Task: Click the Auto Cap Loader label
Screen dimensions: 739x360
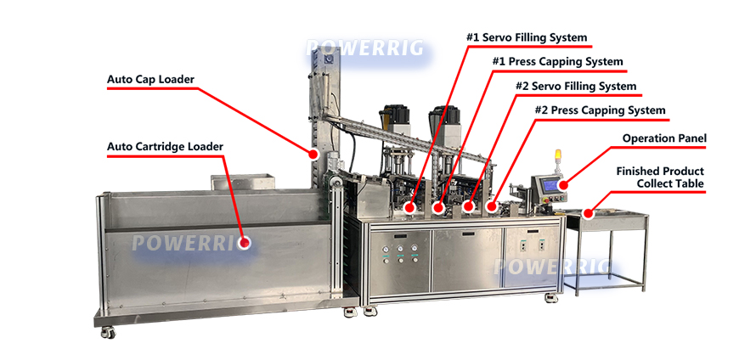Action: pyautogui.click(x=150, y=80)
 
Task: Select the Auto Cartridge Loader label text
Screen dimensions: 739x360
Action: pyautogui.click(x=165, y=147)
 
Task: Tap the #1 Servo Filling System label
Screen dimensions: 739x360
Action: pyautogui.click(x=527, y=37)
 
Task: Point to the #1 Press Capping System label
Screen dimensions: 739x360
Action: pyautogui.click(x=557, y=62)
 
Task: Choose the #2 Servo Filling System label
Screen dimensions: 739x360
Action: pyautogui.click(x=576, y=87)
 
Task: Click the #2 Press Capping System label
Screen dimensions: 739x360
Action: pyautogui.click(x=600, y=110)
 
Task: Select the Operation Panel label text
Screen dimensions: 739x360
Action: pyautogui.click(x=664, y=138)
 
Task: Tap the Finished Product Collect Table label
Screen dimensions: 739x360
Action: pyautogui.click(x=660, y=177)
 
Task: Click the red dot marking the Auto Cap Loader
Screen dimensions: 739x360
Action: pyautogui.click(x=313, y=154)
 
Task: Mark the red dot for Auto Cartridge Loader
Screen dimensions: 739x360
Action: pyautogui.click(x=245, y=243)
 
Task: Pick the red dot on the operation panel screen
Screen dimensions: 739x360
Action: pyautogui.click(x=561, y=185)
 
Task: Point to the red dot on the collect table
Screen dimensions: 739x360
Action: pyautogui.click(x=588, y=214)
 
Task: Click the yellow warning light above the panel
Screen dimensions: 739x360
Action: pyautogui.click(x=558, y=155)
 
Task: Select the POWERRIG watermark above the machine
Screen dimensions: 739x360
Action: pyautogui.click(x=364, y=48)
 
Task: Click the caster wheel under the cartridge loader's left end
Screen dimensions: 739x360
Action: pyautogui.click(x=108, y=332)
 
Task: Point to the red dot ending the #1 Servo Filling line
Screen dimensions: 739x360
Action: pyautogui.click(x=410, y=206)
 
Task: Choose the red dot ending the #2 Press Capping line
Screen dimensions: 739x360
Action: pyautogui.click(x=492, y=206)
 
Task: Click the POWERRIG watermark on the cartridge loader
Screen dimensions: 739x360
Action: pyautogui.click(x=191, y=243)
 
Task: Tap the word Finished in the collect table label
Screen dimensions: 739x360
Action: pyautogui.click(x=638, y=171)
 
